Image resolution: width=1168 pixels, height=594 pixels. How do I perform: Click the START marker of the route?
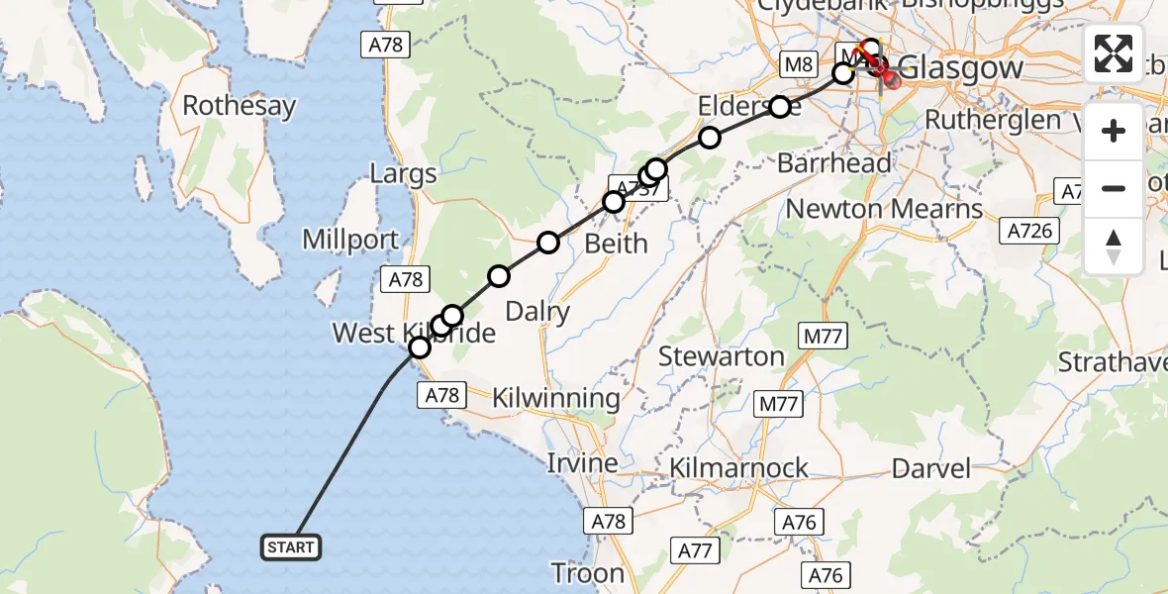(x=291, y=546)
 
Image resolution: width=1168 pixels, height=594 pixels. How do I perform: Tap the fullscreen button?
(x=1114, y=53)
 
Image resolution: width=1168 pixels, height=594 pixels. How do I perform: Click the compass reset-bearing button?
(x=1114, y=246)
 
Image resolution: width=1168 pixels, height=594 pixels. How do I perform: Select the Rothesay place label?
(x=239, y=105)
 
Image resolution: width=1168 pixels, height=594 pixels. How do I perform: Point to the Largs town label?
(x=403, y=175)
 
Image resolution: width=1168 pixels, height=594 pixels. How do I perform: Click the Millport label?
(x=350, y=240)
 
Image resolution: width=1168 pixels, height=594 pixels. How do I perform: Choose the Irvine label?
(x=582, y=462)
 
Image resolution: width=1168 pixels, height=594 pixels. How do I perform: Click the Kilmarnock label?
(x=738, y=467)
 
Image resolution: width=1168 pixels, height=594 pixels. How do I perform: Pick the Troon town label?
(x=588, y=573)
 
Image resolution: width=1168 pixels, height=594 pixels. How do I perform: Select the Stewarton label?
(x=721, y=356)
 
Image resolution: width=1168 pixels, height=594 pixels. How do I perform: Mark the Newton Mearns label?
(x=884, y=209)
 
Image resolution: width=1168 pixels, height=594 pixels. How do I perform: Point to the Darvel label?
(x=932, y=467)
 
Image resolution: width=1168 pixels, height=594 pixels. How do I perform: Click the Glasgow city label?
(x=960, y=69)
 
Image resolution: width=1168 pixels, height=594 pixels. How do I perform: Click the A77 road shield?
(x=696, y=550)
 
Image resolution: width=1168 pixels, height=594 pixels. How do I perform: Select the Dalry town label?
(x=537, y=312)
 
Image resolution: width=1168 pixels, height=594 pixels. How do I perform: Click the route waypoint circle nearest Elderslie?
(x=780, y=106)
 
